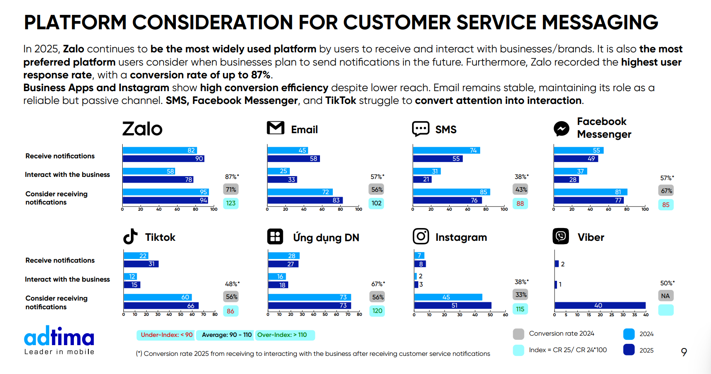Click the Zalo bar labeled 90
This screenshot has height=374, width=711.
[163, 159]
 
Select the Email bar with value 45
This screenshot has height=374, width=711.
[287, 151]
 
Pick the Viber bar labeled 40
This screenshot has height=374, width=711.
[600, 306]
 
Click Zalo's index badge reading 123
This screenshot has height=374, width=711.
[231, 203]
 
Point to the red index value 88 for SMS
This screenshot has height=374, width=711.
[520, 204]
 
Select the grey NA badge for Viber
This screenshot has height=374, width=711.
[666, 296]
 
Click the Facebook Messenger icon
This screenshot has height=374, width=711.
[562, 129]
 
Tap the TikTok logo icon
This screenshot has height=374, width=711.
[130, 237]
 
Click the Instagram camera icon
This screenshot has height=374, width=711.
[421, 236]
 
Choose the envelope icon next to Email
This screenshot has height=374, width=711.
[275, 128]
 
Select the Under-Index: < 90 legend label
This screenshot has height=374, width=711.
[166, 335]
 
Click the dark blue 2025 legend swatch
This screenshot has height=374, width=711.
[629, 350]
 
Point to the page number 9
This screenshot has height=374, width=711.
[684, 352]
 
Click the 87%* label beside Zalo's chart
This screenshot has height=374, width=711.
[232, 177]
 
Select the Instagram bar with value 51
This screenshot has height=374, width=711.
[453, 306]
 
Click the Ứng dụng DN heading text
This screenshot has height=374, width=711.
[326, 238]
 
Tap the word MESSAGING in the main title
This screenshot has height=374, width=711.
[600, 22]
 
